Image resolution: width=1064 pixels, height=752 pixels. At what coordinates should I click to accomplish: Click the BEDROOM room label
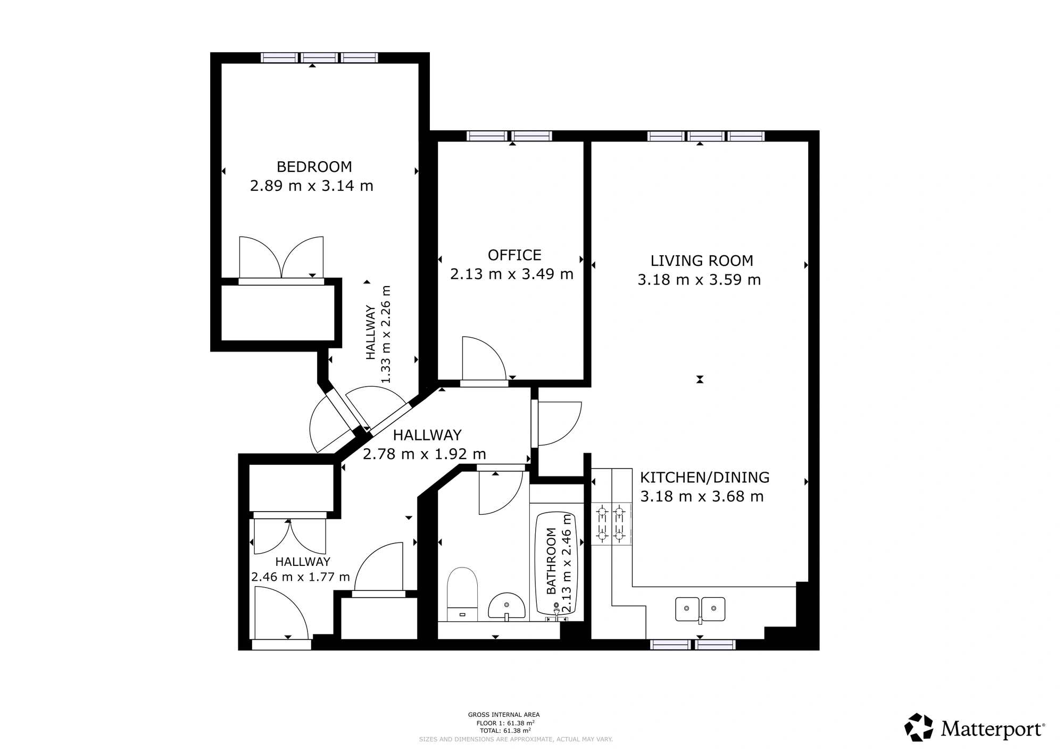pos(314,167)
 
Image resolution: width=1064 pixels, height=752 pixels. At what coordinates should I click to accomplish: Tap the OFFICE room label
pos(514,255)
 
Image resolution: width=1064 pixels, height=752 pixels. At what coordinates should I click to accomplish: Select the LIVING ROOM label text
pos(702,261)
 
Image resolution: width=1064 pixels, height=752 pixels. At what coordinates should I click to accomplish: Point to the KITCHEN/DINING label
pos(704,478)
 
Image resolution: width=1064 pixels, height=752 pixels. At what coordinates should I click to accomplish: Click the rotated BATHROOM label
pos(551,561)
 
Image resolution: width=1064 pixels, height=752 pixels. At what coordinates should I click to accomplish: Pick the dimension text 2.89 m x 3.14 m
pos(312,186)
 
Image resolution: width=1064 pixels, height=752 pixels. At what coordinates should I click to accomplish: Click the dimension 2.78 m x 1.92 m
pos(425,454)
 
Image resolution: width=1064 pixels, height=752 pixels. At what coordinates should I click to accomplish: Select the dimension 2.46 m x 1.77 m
pos(301,577)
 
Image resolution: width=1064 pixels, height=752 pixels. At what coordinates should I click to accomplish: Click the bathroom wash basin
pos(506,607)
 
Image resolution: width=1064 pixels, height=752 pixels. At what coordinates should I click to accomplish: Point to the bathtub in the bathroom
pos(556,567)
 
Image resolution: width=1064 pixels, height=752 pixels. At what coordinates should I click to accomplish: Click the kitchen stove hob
pos(611,524)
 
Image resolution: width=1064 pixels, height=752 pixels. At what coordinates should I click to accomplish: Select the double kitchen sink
pos(700,609)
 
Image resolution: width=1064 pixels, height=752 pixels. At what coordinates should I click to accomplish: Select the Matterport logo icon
pos(919,727)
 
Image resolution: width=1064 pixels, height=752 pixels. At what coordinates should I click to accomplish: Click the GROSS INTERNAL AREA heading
pos(504,715)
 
